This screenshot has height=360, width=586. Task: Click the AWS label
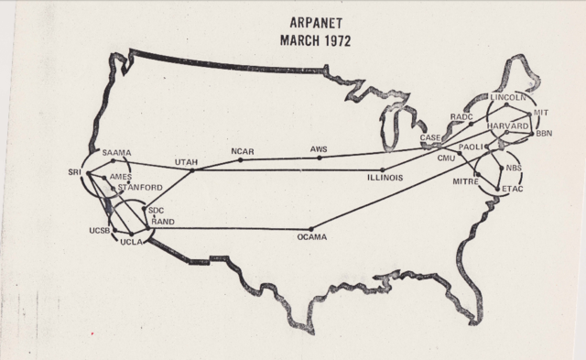coord(319,148)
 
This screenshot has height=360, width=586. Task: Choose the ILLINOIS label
coord(383,178)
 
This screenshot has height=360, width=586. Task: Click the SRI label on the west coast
coord(75,171)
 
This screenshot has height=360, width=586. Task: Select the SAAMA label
coord(117,152)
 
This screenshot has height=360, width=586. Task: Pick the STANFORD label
coord(141,188)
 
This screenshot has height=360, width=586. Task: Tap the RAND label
coord(163,220)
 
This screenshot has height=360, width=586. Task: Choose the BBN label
coord(545,135)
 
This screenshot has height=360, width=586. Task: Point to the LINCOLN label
coord(507,97)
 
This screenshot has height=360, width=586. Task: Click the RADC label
coord(461,117)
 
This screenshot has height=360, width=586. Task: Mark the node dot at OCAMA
coord(311,228)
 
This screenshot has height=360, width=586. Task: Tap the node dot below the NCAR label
coord(241,159)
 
